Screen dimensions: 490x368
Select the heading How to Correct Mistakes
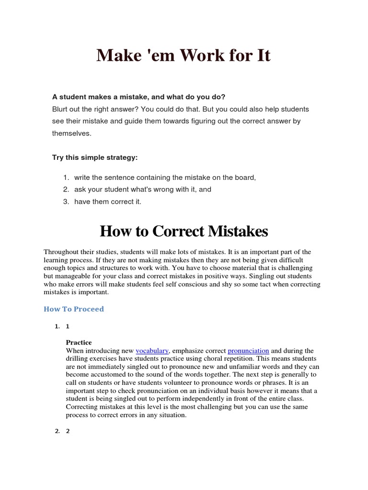(x=184, y=232)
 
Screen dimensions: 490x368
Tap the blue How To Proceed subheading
(x=74, y=309)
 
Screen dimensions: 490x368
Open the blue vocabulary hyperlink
(x=152, y=351)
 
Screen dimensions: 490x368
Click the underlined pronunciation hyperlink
(x=248, y=351)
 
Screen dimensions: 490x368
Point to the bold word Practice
(x=79, y=343)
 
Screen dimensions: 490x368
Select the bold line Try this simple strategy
(x=95, y=157)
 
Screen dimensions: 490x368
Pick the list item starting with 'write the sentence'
(x=165, y=178)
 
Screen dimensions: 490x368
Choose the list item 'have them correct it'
(x=108, y=201)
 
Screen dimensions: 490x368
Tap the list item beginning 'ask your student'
(x=143, y=189)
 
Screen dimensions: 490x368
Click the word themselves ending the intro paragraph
(x=71, y=134)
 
